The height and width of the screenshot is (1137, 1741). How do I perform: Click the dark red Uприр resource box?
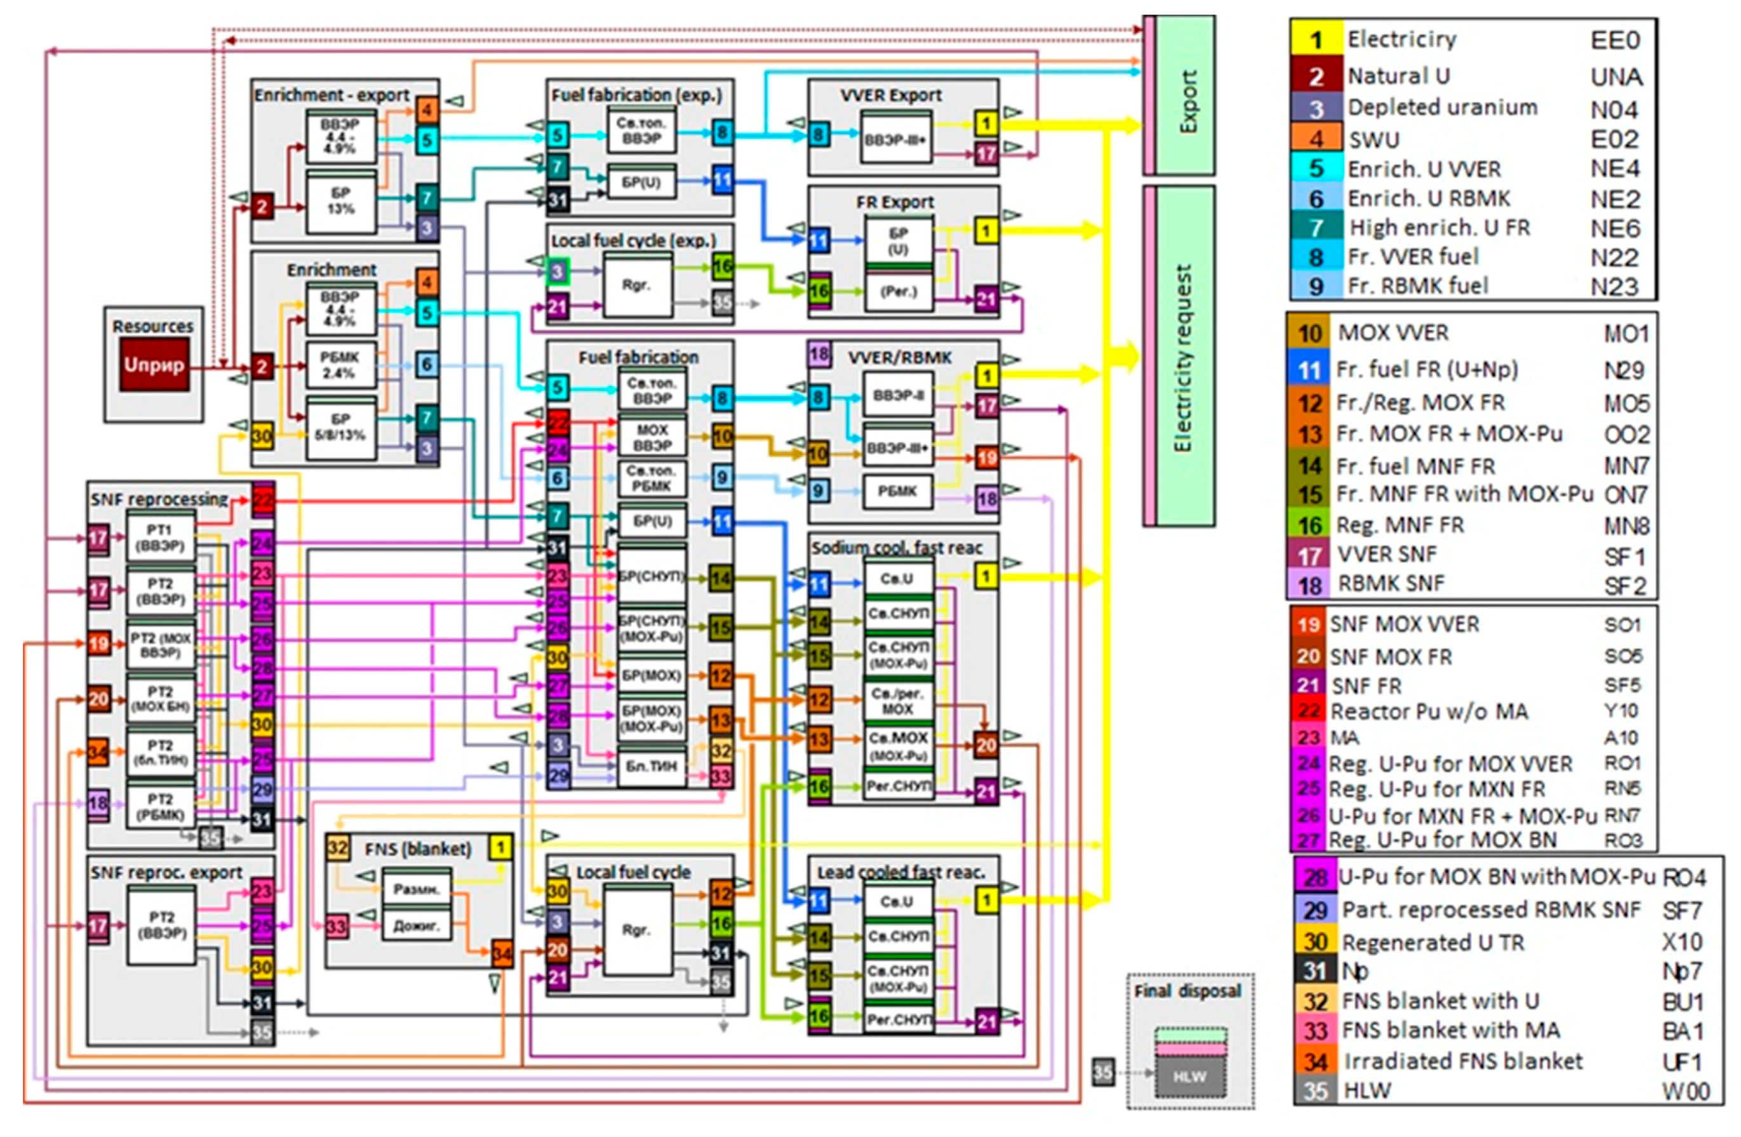coord(154,364)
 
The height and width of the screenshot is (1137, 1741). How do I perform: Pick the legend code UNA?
coord(1616,77)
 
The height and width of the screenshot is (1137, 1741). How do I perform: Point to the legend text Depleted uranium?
coord(1442,107)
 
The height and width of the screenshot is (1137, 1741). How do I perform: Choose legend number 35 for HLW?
coord(1315,1090)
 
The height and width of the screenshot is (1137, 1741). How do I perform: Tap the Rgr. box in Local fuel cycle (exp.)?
coord(636,285)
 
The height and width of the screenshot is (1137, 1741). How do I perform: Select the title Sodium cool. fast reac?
coord(896,548)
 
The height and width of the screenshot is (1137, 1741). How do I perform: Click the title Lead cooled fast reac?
coord(901,872)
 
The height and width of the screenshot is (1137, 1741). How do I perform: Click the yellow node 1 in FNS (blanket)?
coord(501,848)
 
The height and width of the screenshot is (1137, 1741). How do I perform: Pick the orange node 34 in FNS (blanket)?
coord(501,954)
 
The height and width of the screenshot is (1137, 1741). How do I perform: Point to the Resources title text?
coord(153,326)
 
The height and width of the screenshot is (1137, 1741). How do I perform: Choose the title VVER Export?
coord(891,95)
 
